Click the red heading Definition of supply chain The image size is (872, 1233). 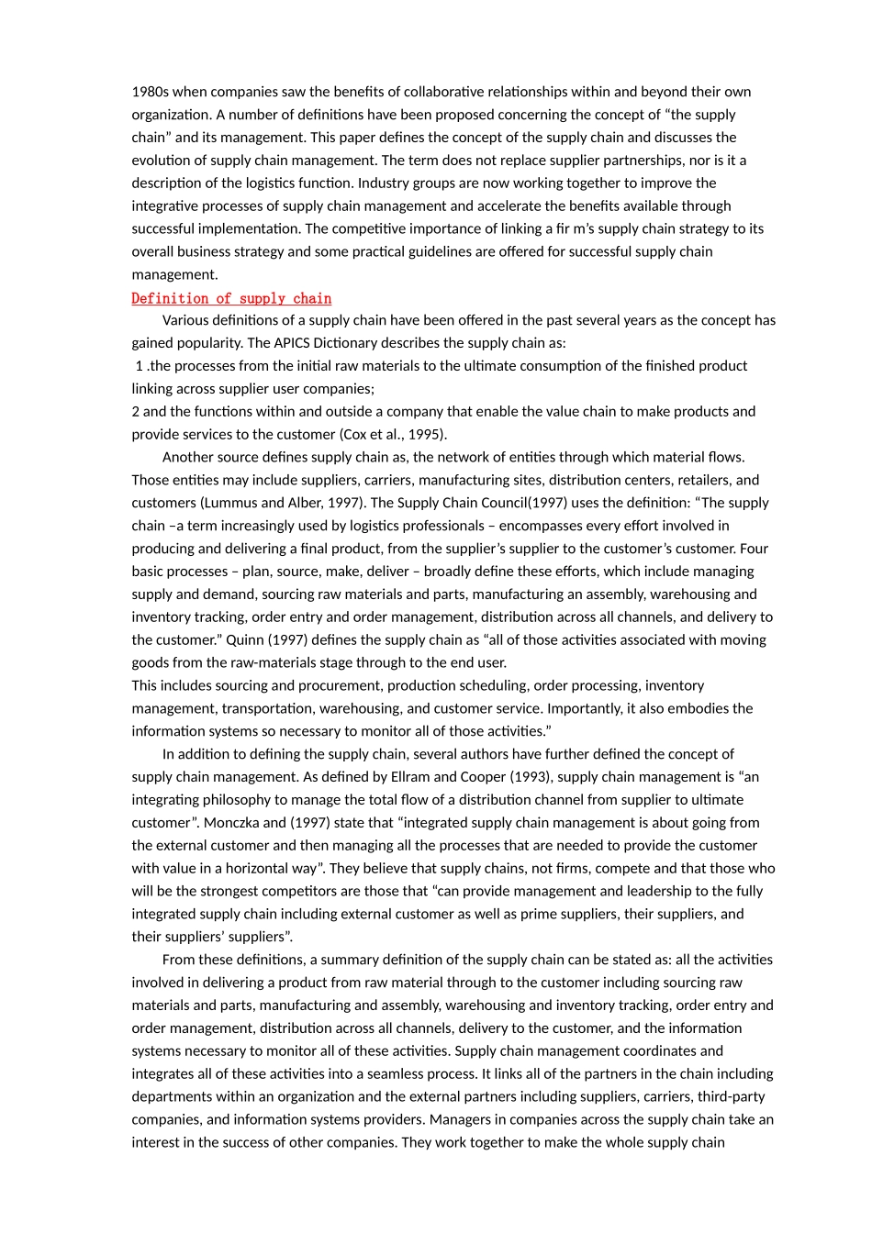(231, 298)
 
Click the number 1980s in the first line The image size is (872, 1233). (151, 92)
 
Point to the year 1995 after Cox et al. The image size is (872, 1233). (425, 435)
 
